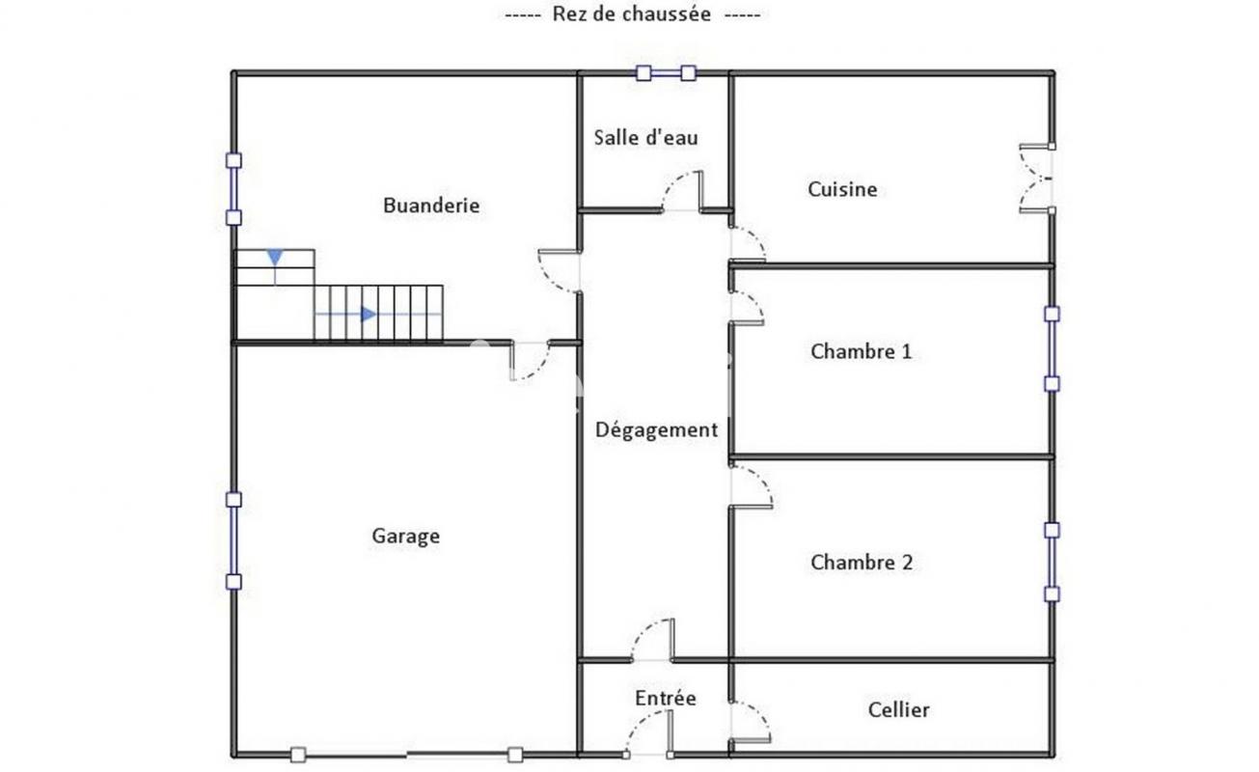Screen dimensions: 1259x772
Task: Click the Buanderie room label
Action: click(x=431, y=206)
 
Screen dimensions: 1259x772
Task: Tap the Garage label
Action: click(x=406, y=536)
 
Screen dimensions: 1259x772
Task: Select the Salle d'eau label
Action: click(x=645, y=138)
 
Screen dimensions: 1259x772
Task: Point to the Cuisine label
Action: click(x=842, y=189)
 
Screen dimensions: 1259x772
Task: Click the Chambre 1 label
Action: click(x=861, y=351)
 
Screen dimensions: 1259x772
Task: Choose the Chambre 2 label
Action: click(x=862, y=563)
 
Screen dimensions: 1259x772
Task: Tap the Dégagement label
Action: click(x=656, y=430)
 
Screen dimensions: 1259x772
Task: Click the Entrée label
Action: click(x=666, y=698)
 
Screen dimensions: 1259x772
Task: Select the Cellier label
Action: click(x=898, y=709)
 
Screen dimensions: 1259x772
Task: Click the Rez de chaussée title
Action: click(x=632, y=14)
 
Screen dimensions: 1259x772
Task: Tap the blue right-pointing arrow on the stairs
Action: click(x=369, y=314)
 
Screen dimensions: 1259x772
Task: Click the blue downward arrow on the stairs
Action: click(x=275, y=258)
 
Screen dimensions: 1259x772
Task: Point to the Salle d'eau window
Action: click(x=666, y=73)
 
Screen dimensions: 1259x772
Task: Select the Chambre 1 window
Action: click(x=1052, y=348)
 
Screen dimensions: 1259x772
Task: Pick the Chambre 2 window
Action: click(x=1052, y=562)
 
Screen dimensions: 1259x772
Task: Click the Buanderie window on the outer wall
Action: click(x=233, y=189)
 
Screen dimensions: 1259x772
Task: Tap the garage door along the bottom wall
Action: click(x=406, y=755)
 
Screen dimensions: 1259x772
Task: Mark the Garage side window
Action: click(x=233, y=540)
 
